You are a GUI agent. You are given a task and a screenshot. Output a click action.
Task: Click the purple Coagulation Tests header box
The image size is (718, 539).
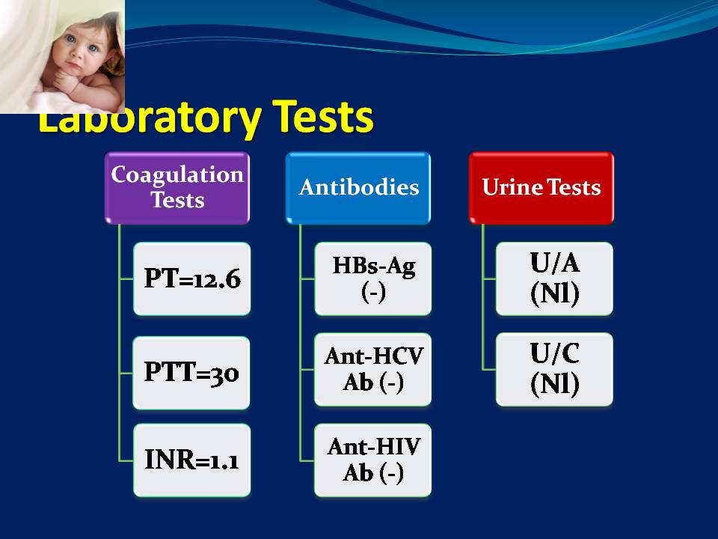(x=177, y=188)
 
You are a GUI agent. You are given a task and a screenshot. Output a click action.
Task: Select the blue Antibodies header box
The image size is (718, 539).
(x=358, y=188)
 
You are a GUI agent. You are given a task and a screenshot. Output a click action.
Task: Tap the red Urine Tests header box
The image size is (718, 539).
(x=541, y=188)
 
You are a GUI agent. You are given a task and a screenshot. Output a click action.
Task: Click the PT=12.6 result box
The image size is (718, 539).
(x=192, y=278)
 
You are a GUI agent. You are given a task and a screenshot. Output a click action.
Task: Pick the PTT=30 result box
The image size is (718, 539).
(x=191, y=373)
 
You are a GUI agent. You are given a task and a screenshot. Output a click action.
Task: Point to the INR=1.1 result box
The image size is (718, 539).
(x=192, y=460)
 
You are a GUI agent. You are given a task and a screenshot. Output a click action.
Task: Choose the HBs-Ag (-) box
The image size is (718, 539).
(x=373, y=278)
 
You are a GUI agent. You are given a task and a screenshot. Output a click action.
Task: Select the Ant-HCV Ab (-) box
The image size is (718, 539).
(x=373, y=369)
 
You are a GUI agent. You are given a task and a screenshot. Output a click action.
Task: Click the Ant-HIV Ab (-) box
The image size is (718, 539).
(x=373, y=460)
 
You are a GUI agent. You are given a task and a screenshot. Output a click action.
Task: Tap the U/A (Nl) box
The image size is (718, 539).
(x=554, y=278)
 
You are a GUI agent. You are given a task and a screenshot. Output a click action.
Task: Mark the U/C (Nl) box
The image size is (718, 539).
(x=554, y=369)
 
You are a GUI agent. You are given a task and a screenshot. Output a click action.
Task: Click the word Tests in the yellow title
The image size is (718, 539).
(x=323, y=117)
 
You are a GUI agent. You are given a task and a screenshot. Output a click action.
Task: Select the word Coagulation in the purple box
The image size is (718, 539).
(x=177, y=175)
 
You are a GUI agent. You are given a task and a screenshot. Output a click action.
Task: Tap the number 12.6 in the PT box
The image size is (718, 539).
(x=217, y=279)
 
